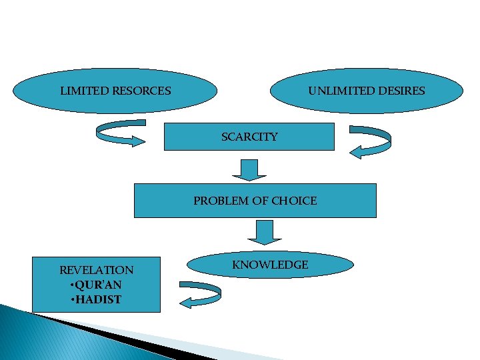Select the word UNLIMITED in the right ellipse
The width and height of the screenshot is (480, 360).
click(x=336, y=91)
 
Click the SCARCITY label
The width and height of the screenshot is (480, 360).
click(x=249, y=137)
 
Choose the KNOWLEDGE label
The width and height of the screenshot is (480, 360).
click(x=270, y=265)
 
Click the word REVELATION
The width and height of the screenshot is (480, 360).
click(x=96, y=270)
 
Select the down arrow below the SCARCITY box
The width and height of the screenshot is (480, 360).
click(x=249, y=170)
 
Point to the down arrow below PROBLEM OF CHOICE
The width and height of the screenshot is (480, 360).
click(x=265, y=232)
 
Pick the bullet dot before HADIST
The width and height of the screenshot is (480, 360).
click(x=72, y=299)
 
